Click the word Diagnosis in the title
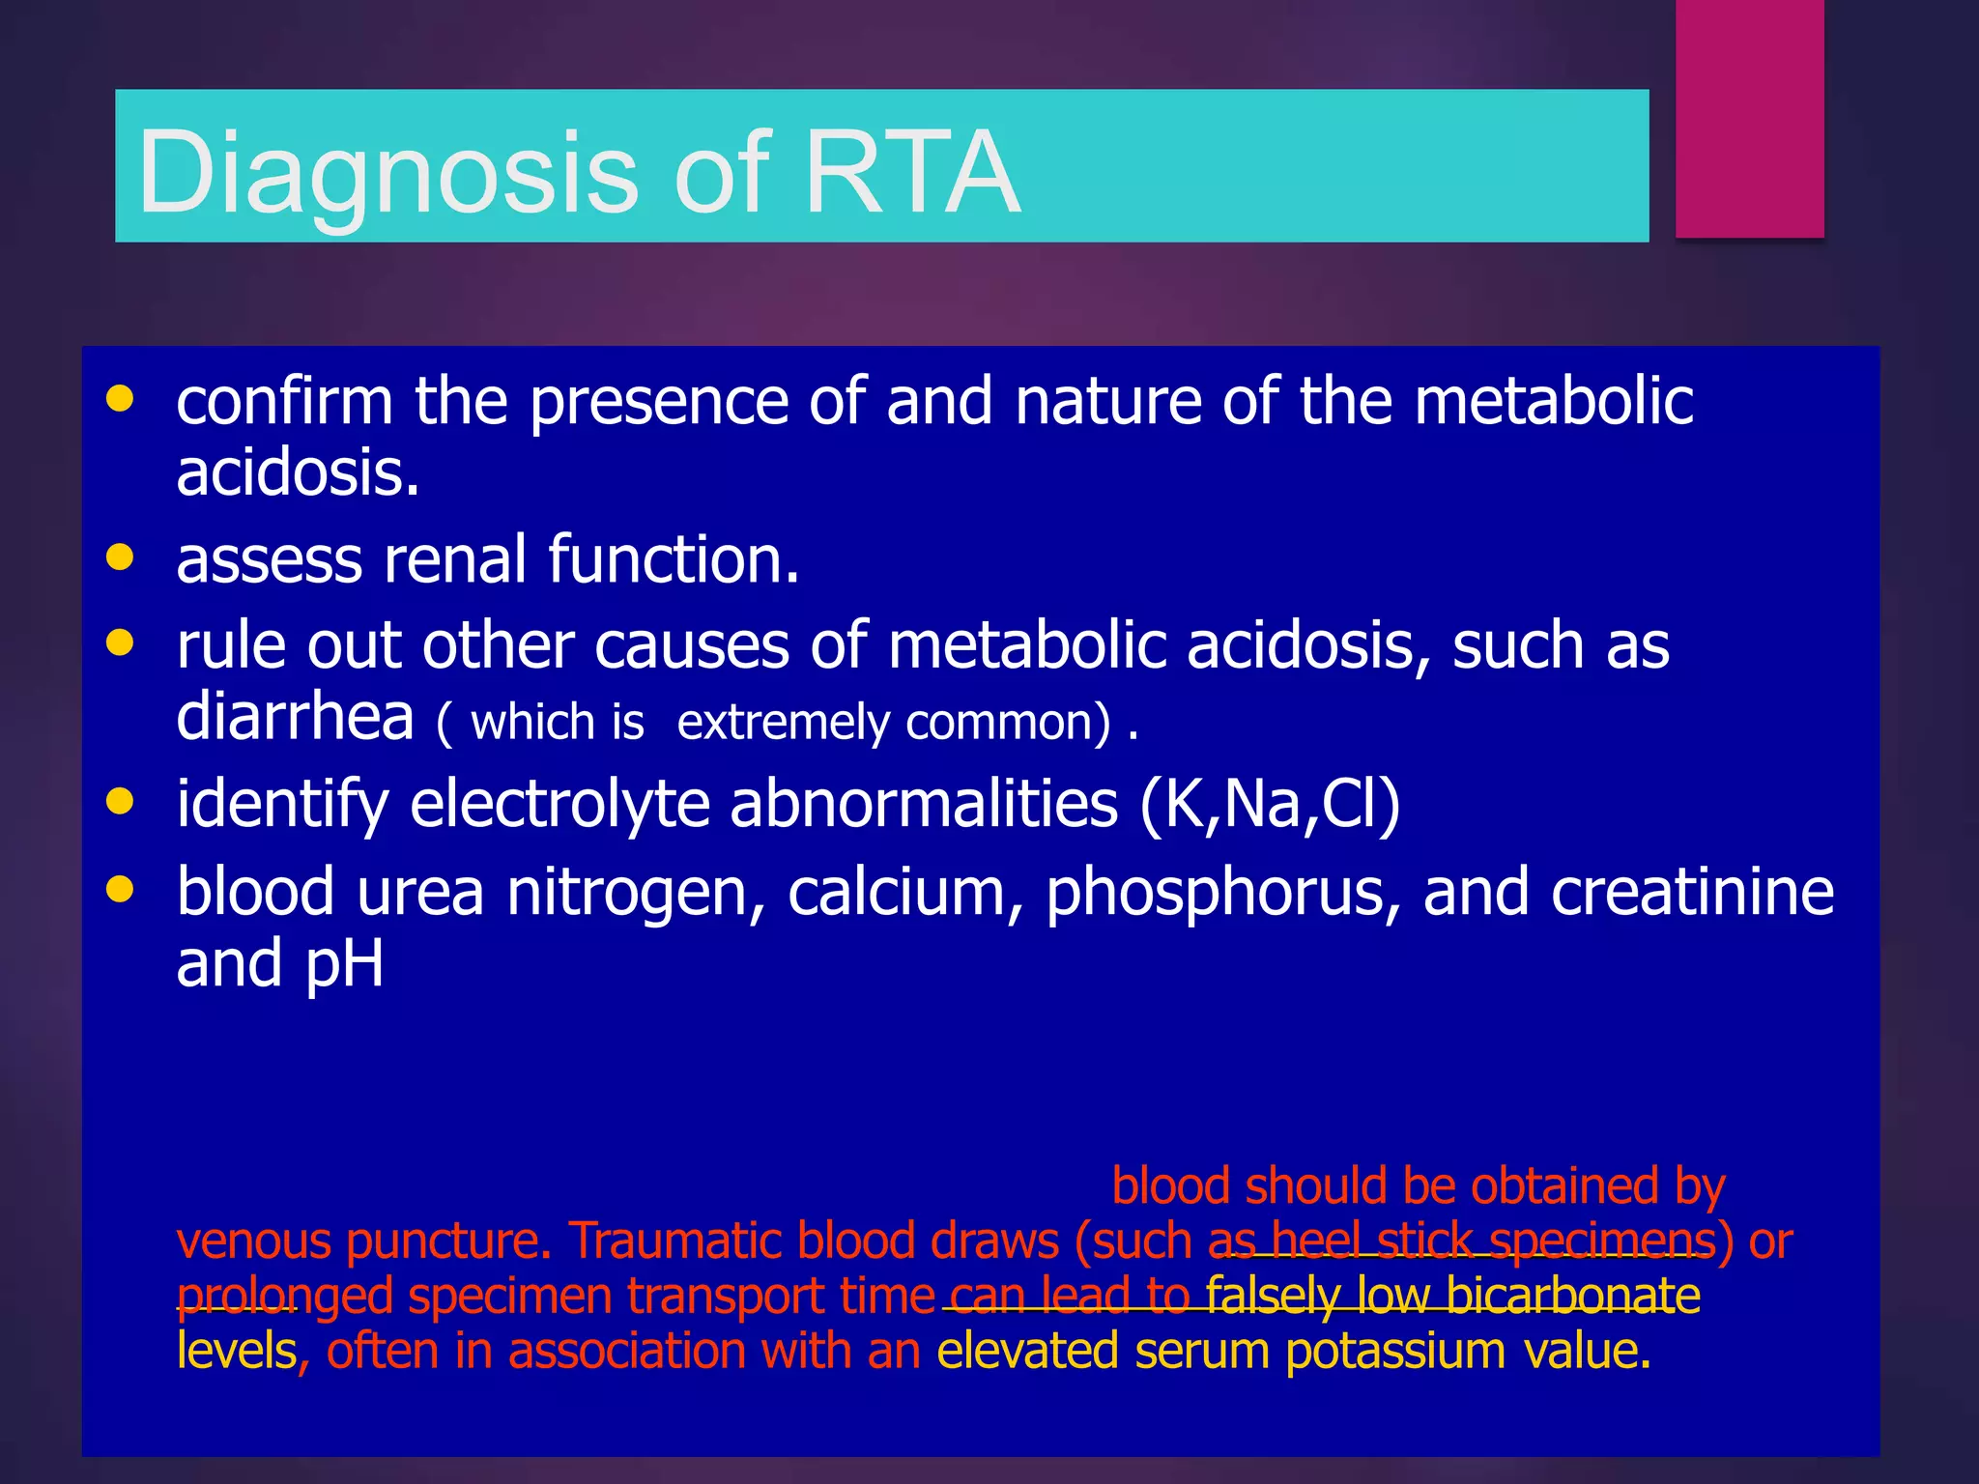387,174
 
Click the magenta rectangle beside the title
1749,118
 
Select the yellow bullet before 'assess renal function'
120,557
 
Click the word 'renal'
454,560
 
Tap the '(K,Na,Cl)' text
1270,804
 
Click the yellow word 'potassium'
1395,1351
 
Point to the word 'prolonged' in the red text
284,1297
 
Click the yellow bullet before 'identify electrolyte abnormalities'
120,802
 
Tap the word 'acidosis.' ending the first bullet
298,473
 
